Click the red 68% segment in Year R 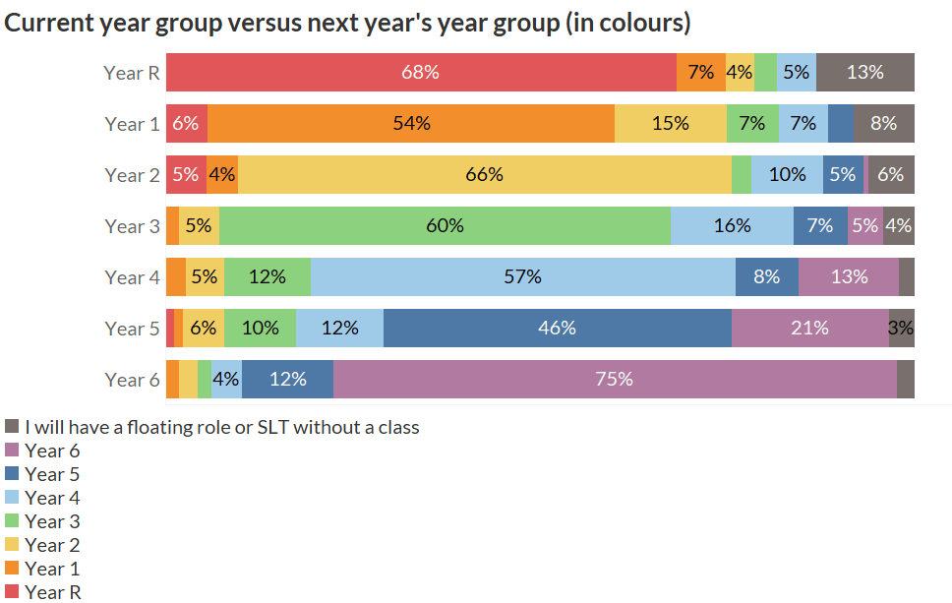421,72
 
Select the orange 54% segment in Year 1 411,123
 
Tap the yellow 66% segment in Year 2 484,174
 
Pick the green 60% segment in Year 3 445,225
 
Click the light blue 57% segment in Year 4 522,276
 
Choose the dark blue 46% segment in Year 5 557,328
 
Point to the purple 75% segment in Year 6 615,379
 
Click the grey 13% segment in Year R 864,72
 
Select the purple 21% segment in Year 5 809,328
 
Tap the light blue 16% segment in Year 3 732,225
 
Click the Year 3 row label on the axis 132,226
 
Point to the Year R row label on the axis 132,73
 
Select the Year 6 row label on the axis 132,380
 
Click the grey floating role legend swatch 13,426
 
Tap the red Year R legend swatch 13,591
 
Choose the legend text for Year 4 52,498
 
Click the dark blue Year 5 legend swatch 13,473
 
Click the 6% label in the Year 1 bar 185,123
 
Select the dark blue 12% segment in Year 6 287,379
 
